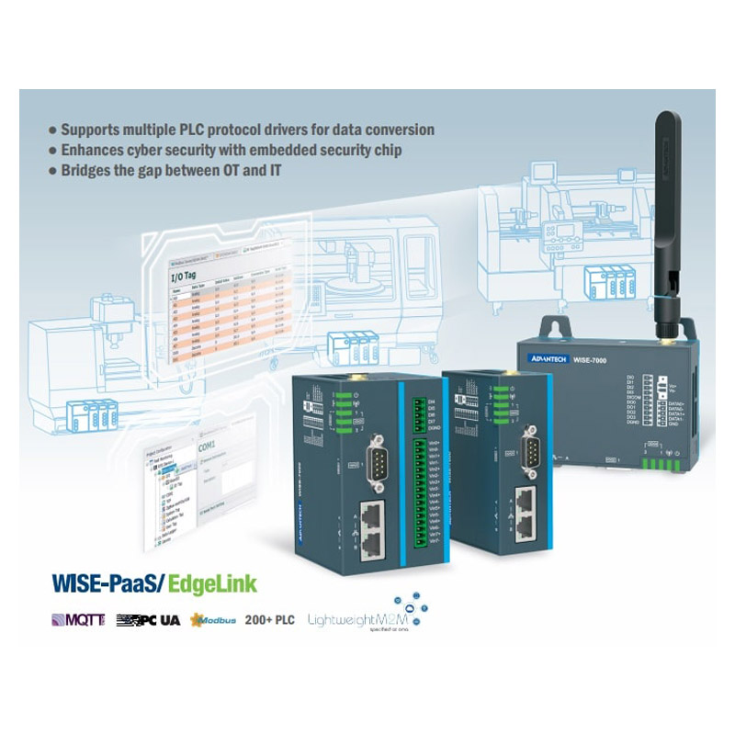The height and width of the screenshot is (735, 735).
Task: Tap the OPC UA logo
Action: click(148, 620)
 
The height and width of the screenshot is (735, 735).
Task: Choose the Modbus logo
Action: click(213, 620)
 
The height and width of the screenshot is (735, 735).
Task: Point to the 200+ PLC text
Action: click(269, 620)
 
